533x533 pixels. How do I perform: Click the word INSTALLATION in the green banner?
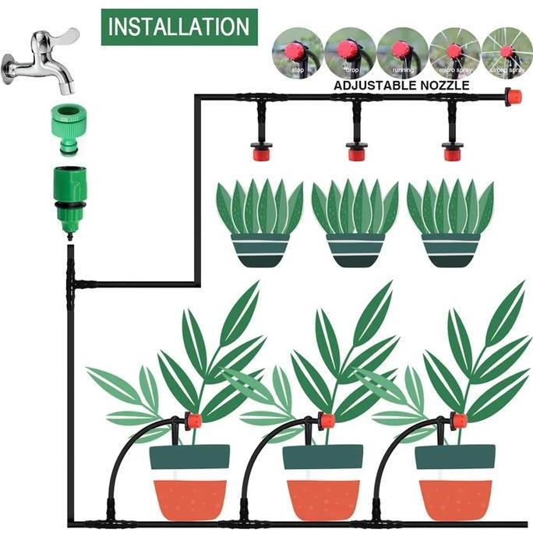click(179, 26)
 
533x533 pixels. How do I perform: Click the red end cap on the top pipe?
click(513, 97)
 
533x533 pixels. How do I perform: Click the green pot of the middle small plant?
click(355, 250)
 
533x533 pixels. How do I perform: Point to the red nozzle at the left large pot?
click(192, 422)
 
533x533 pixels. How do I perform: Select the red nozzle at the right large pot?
click(458, 422)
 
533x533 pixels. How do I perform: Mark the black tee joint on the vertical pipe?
click(72, 281)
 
